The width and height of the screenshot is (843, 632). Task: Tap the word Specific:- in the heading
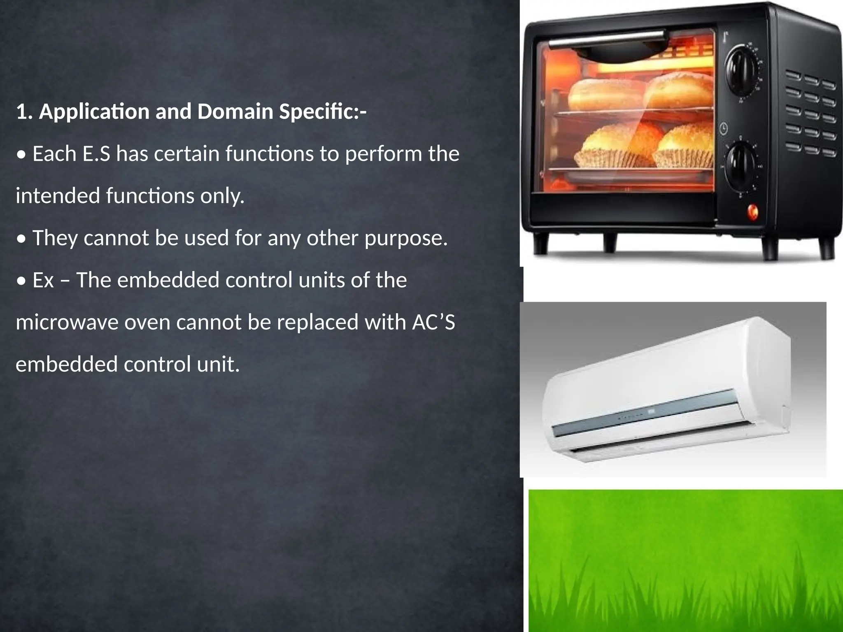(x=323, y=112)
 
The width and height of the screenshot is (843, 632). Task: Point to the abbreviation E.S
(x=96, y=154)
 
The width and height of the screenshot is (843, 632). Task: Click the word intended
(x=58, y=196)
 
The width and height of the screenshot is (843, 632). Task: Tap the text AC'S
(x=433, y=322)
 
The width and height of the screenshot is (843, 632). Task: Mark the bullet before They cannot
(x=21, y=239)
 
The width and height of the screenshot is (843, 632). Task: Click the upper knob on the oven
(x=740, y=68)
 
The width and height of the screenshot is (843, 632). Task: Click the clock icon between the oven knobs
(x=724, y=129)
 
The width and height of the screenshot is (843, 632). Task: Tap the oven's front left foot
(x=540, y=244)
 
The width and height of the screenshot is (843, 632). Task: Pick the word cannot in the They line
(x=116, y=239)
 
